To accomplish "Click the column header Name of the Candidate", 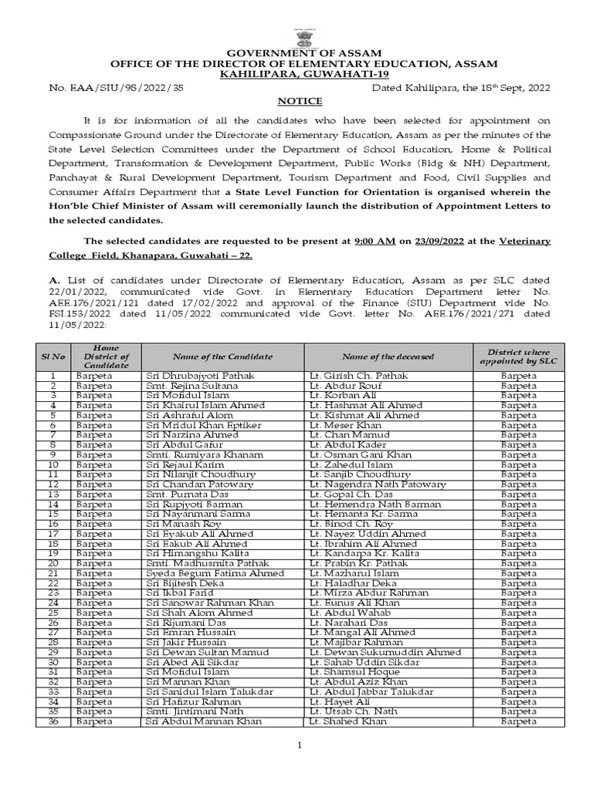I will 222,356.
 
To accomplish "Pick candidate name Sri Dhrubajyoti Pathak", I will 199,376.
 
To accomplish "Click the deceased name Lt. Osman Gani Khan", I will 359,455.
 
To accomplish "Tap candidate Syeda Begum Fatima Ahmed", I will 215,573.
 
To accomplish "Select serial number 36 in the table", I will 53,721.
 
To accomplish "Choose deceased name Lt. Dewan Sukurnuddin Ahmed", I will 384,652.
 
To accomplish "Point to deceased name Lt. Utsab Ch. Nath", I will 353,711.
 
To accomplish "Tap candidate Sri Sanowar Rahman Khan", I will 209,603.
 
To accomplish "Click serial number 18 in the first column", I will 53,544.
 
